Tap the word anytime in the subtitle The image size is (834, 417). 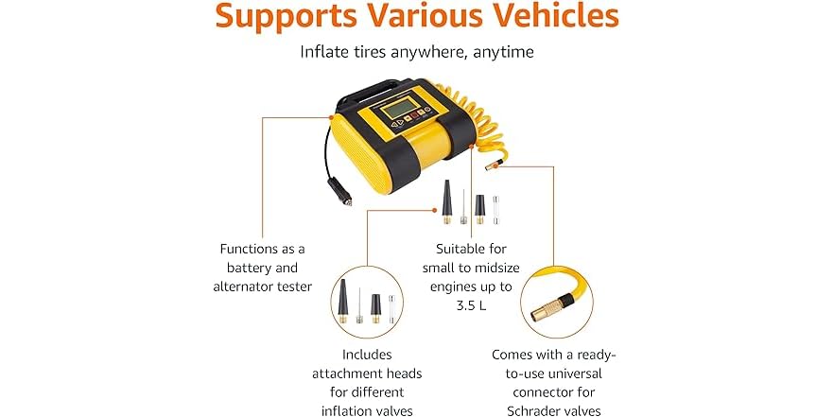(500, 52)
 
